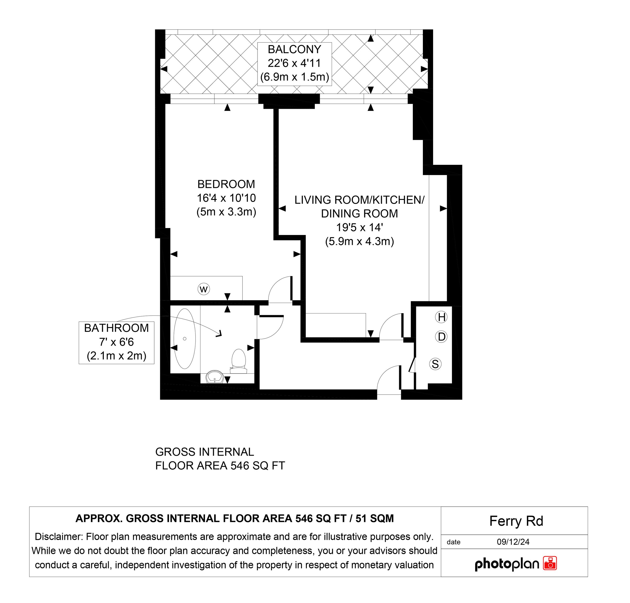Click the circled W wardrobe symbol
[x=204, y=289]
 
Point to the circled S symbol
[x=435, y=364]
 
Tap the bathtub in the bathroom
[x=184, y=339]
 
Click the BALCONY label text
[x=294, y=49]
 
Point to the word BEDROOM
[x=226, y=184]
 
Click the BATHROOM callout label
[x=116, y=328]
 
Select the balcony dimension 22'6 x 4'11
[x=294, y=63]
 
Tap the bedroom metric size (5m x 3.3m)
[x=226, y=212]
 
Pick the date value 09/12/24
[x=513, y=542]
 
